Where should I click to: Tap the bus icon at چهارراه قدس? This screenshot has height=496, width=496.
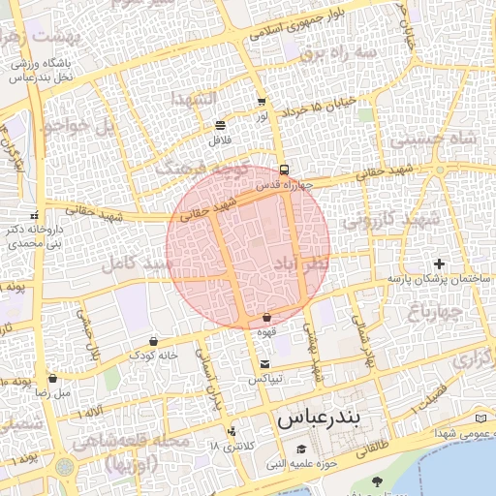click(x=283, y=169)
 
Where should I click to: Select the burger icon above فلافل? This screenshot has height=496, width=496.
click(x=221, y=125)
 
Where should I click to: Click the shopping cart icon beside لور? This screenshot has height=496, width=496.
click(x=262, y=102)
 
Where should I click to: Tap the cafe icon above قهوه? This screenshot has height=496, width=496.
click(x=266, y=318)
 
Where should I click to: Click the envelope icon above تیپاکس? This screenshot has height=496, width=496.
click(x=264, y=364)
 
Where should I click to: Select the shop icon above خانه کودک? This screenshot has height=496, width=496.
click(x=154, y=341)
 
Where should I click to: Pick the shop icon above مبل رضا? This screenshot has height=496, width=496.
click(x=52, y=379)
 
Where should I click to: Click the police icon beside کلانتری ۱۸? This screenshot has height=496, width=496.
click(x=231, y=431)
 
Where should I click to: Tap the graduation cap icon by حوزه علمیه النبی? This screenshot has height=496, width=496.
click(x=301, y=449)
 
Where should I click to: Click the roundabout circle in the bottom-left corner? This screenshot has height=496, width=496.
click(x=65, y=468)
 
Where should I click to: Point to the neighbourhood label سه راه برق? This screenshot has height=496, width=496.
click(x=337, y=53)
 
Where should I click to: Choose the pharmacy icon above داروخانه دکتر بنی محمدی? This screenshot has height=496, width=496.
click(x=34, y=215)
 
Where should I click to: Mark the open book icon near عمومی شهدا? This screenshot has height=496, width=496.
click(x=481, y=418)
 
